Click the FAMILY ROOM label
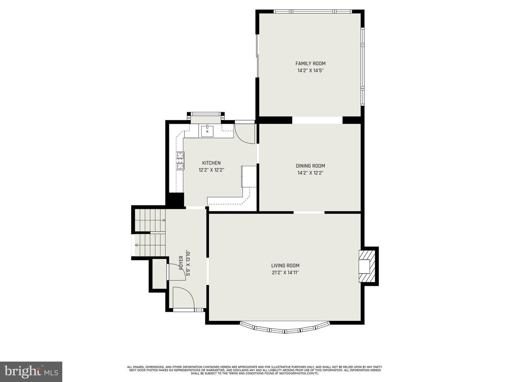(x=310, y=63)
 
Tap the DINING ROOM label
(x=310, y=166)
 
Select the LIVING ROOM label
(x=285, y=265)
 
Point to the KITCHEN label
(x=211, y=163)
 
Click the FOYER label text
(x=181, y=262)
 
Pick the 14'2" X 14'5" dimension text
(x=310, y=70)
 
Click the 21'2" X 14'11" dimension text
(x=285, y=272)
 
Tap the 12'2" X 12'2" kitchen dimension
(x=211, y=170)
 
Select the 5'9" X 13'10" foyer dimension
(x=188, y=263)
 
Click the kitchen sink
(x=207, y=131)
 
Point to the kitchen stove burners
(x=180, y=161)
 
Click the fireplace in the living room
(x=367, y=266)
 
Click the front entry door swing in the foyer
(x=183, y=297)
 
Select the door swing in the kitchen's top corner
(x=245, y=134)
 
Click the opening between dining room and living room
(x=309, y=212)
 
